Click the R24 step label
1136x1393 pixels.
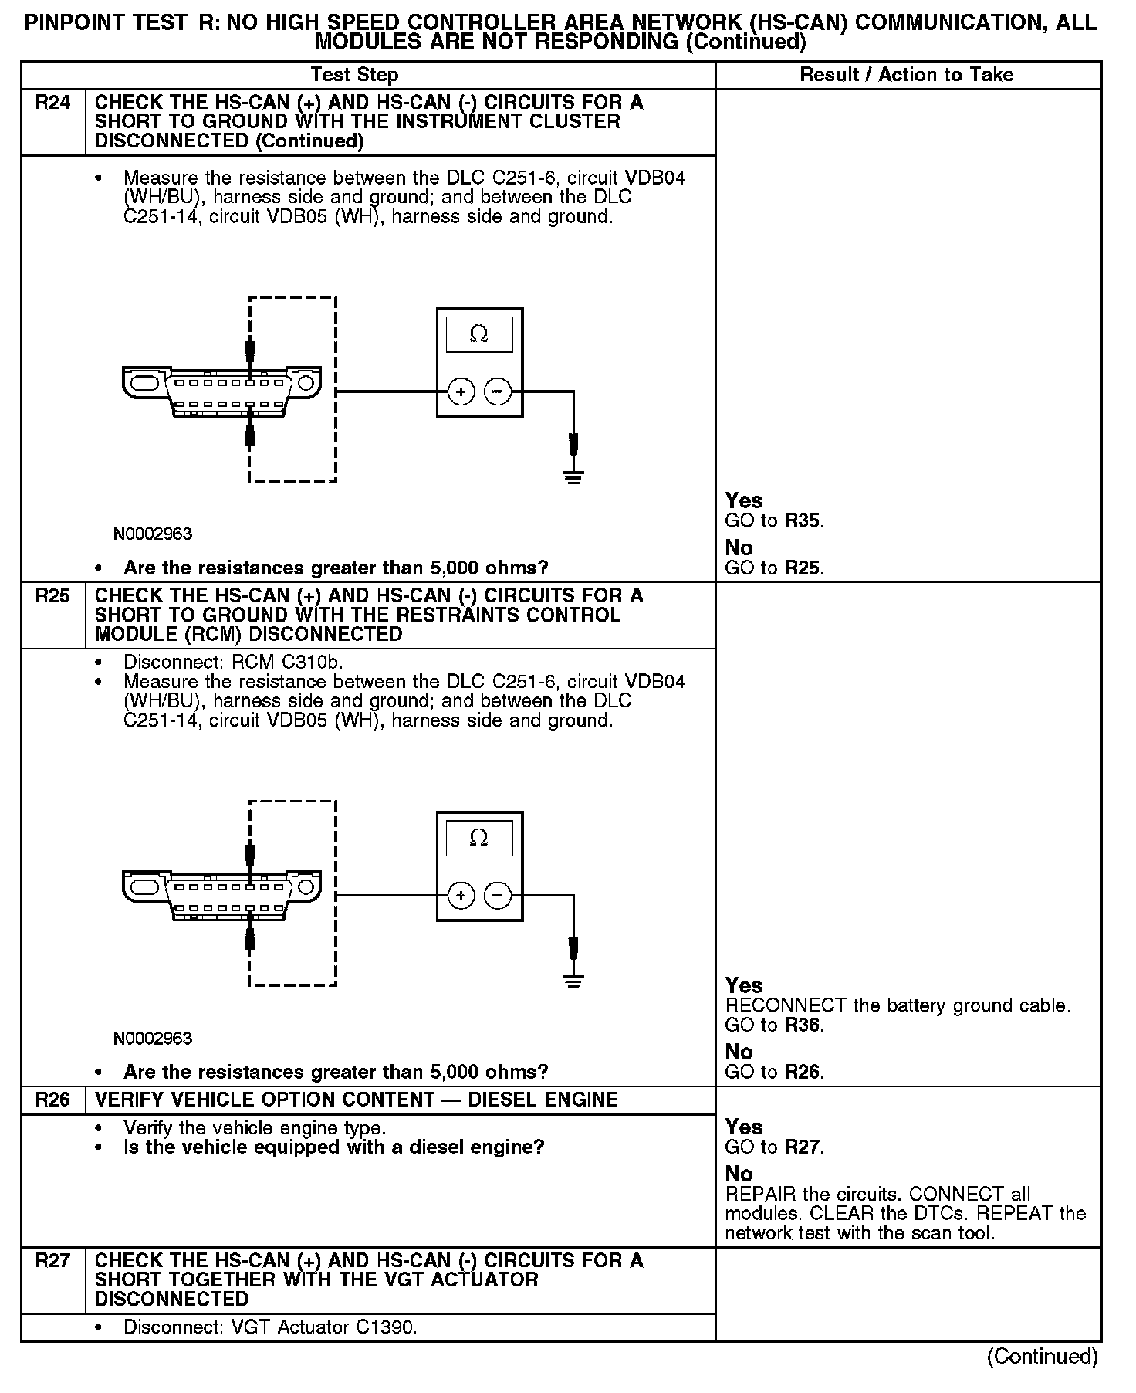click(52, 103)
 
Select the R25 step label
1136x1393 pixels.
click(52, 596)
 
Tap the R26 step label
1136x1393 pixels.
click(52, 1100)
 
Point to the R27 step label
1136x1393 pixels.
click(52, 1261)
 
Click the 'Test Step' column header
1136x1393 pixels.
click(354, 75)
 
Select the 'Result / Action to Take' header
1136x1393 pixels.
click(906, 75)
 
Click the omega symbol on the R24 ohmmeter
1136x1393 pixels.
click(478, 334)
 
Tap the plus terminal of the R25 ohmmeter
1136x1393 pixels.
click(461, 896)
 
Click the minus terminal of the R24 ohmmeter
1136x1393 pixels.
click(498, 392)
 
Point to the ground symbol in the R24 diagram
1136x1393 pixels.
click(573, 476)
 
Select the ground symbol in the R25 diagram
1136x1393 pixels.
click(573, 981)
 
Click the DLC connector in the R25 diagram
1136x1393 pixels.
click(221, 895)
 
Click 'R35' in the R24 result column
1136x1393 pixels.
click(803, 521)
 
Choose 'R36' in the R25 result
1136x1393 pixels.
click(803, 1025)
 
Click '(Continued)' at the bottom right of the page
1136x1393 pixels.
click(1042, 1357)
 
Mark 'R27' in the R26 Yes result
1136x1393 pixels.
click(803, 1147)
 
